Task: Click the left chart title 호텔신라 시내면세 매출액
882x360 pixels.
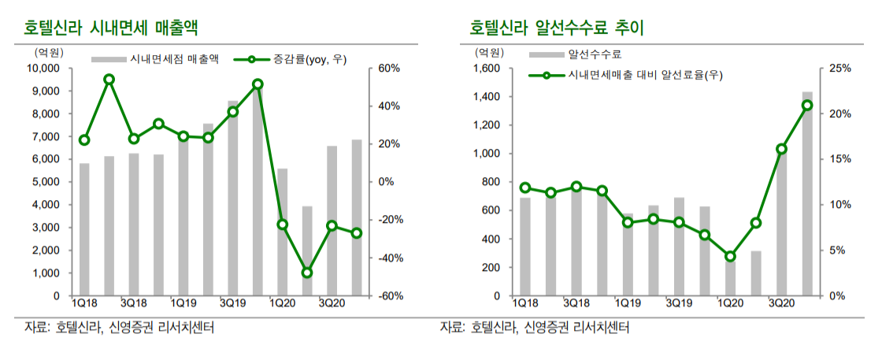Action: tap(110, 29)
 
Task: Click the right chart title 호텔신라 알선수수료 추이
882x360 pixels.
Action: tap(557, 29)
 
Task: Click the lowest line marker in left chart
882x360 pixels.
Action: tap(307, 273)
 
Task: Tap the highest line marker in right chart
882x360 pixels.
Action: tap(807, 105)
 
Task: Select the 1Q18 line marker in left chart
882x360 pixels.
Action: tap(84, 140)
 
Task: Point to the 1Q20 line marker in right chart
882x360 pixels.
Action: tap(730, 256)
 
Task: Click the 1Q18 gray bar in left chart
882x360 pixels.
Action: tap(84, 229)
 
